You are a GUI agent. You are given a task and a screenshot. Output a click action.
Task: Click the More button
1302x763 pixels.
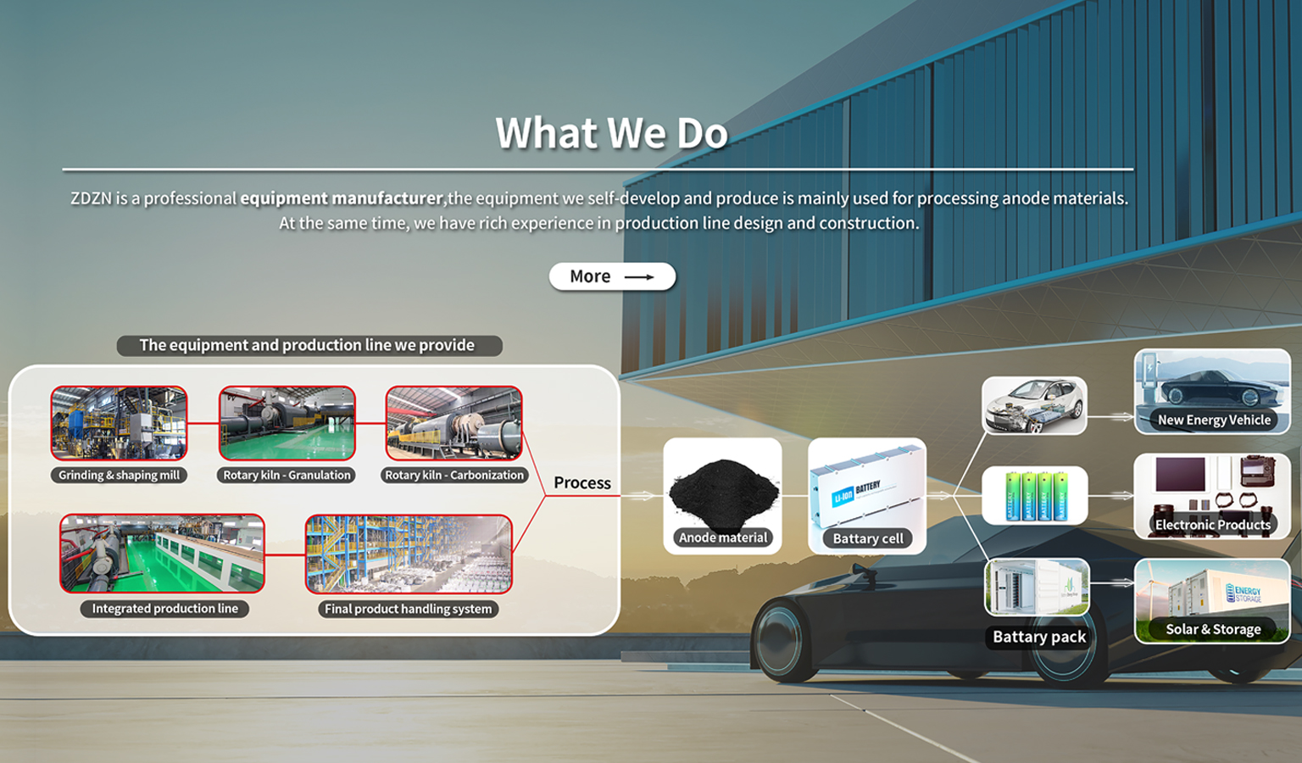pos(612,276)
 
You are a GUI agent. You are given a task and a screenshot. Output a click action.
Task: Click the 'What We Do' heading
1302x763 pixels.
pos(611,132)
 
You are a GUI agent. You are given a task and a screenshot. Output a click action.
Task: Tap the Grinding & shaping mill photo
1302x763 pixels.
pos(120,423)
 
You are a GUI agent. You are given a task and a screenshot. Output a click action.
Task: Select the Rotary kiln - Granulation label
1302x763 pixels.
pos(287,475)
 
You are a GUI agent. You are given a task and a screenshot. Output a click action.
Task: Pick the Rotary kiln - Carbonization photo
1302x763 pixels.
pos(454,423)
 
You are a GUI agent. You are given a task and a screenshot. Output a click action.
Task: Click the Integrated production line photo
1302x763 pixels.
pos(162,553)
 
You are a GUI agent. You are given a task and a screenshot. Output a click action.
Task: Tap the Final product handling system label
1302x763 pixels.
pos(408,609)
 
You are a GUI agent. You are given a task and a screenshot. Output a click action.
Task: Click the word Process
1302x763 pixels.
pos(581,482)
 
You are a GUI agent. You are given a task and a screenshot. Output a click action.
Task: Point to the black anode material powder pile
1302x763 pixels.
pos(723,493)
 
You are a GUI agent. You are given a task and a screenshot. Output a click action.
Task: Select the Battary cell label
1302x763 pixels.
pos(868,538)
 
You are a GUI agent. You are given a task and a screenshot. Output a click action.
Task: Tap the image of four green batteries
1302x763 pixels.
pos(1035,495)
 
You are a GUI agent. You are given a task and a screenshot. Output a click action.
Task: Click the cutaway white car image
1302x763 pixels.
pos(1034,405)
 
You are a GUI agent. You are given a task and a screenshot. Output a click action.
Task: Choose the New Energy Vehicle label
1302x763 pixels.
pos(1214,420)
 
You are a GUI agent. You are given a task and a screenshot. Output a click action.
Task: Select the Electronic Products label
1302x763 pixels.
pos(1212,525)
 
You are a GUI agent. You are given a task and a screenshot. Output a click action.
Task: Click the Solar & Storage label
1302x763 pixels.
pos(1213,629)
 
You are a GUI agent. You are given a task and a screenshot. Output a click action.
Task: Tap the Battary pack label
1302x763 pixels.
pos(1039,637)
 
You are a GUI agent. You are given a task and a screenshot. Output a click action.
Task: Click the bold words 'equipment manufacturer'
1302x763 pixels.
pos(342,198)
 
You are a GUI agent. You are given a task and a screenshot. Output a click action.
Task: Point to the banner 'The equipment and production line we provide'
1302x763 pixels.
pos(309,345)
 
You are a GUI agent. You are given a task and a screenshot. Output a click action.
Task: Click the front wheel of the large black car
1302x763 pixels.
pos(780,640)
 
